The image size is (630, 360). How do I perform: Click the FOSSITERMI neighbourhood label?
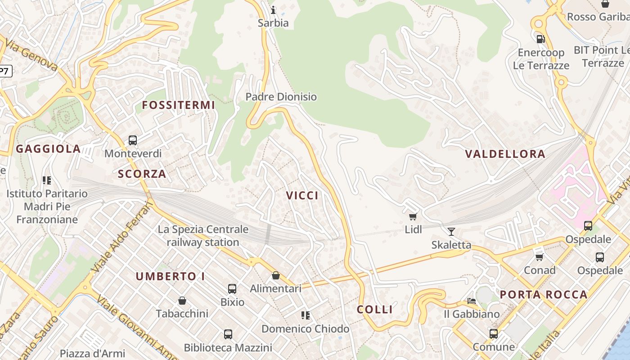[179, 105]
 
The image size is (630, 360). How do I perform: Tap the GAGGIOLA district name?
[49, 149]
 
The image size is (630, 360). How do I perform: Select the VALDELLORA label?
[505, 154]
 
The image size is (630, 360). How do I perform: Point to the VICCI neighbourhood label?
[302, 195]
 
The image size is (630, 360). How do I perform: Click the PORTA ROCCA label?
[544, 295]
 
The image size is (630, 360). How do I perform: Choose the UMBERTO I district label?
[170, 276]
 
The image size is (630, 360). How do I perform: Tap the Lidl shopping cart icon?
[413, 216]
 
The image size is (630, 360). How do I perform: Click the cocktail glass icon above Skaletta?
[451, 232]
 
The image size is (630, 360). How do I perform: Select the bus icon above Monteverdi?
[133, 140]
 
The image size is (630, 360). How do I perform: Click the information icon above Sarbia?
[273, 10]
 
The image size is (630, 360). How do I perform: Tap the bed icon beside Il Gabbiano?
[472, 301]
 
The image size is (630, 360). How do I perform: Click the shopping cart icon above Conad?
[540, 257]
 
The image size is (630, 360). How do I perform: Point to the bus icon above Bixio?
[232, 289]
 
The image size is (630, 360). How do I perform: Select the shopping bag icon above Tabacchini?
[182, 301]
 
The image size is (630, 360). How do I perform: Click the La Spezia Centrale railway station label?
[203, 236]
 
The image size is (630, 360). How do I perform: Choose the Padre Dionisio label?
[281, 97]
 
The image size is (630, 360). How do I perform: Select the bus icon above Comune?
[494, 334]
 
